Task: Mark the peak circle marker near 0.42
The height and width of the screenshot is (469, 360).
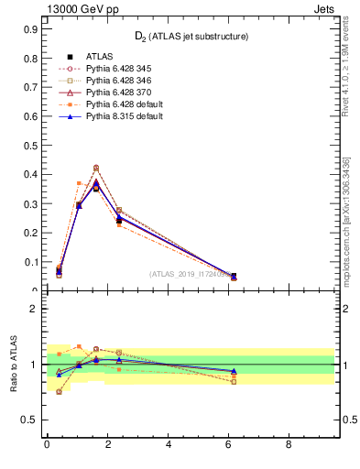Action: [96, 168]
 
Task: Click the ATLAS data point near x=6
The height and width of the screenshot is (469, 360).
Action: [233, 276]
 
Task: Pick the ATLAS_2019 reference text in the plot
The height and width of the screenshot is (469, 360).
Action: [192, 273]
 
